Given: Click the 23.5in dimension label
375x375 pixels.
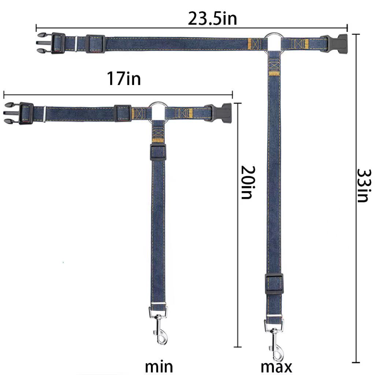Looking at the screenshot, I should pyautogui.click(x=212, y=18).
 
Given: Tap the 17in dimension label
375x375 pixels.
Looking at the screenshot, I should pyautogui.click(x=123, y=78).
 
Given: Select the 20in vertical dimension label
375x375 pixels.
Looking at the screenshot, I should pyautogui.click(x=248, y=182).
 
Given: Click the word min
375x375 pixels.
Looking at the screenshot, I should pyautogui.click(x=159, y=366).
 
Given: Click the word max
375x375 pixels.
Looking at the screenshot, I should pyautogui.click(x=276, y=366).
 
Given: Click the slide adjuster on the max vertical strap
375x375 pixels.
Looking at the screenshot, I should pyautogui.click(x=274, y=283).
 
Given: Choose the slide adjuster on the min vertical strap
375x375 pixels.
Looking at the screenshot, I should pyautogui.click(x=158, y=152).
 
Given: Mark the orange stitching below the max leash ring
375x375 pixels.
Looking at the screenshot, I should pyautogui.click(x=274, y=73).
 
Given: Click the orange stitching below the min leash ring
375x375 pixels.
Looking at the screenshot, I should pyautogui.click(x=158, y=140).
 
